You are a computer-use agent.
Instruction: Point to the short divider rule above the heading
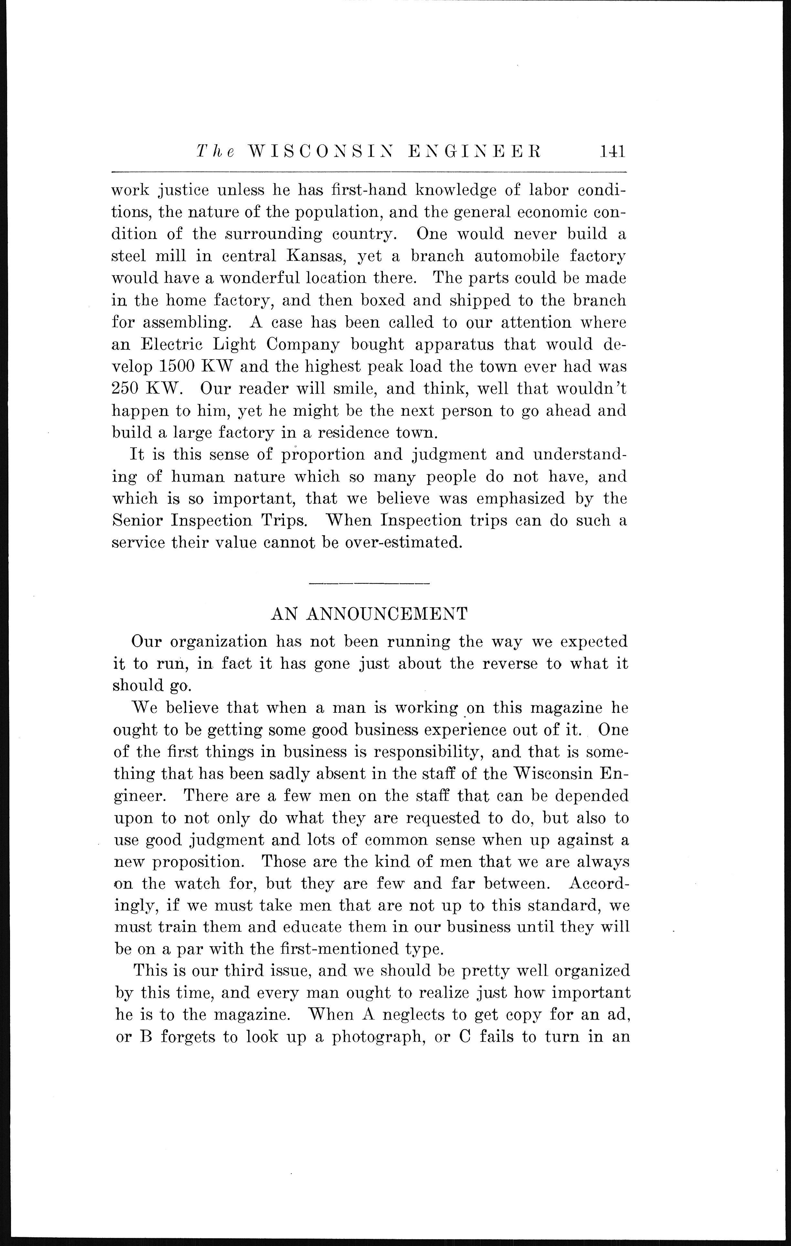[x=369, y=584]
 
